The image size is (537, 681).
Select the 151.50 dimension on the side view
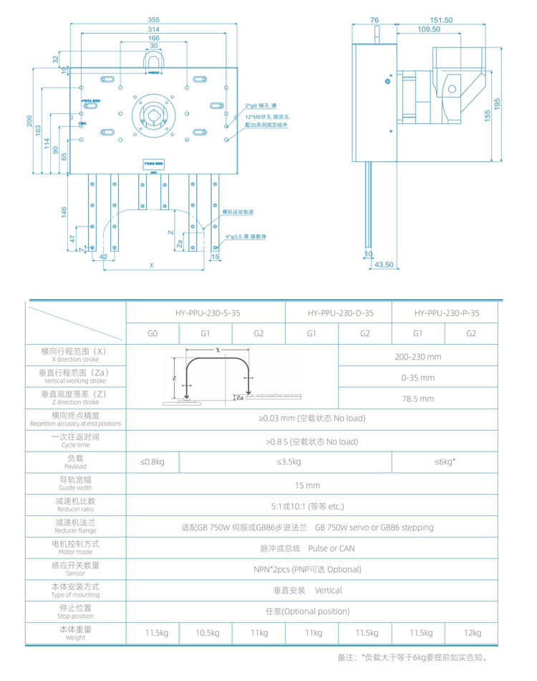click(440, 21)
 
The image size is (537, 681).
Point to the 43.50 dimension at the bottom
click(384, 265)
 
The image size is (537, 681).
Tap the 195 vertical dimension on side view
click(498, 104)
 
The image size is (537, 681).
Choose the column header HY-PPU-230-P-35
click(445, 313)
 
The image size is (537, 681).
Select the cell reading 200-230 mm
click(418, 356)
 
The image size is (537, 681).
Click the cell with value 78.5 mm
click(418, 399)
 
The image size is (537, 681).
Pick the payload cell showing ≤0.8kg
click(152, 462)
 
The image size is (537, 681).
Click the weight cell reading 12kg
click(472, 633)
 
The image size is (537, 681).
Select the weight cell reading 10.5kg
click(205, 633)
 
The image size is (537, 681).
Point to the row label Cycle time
click(75, 440)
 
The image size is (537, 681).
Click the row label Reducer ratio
click(75, 505)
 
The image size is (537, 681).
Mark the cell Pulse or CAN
click(313, 548)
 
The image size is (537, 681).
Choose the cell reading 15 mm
click(313, 485)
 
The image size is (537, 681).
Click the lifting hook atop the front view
click(154, 61)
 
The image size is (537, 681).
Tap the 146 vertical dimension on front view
click(64, 211)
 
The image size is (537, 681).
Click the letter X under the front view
click(151, 265)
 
